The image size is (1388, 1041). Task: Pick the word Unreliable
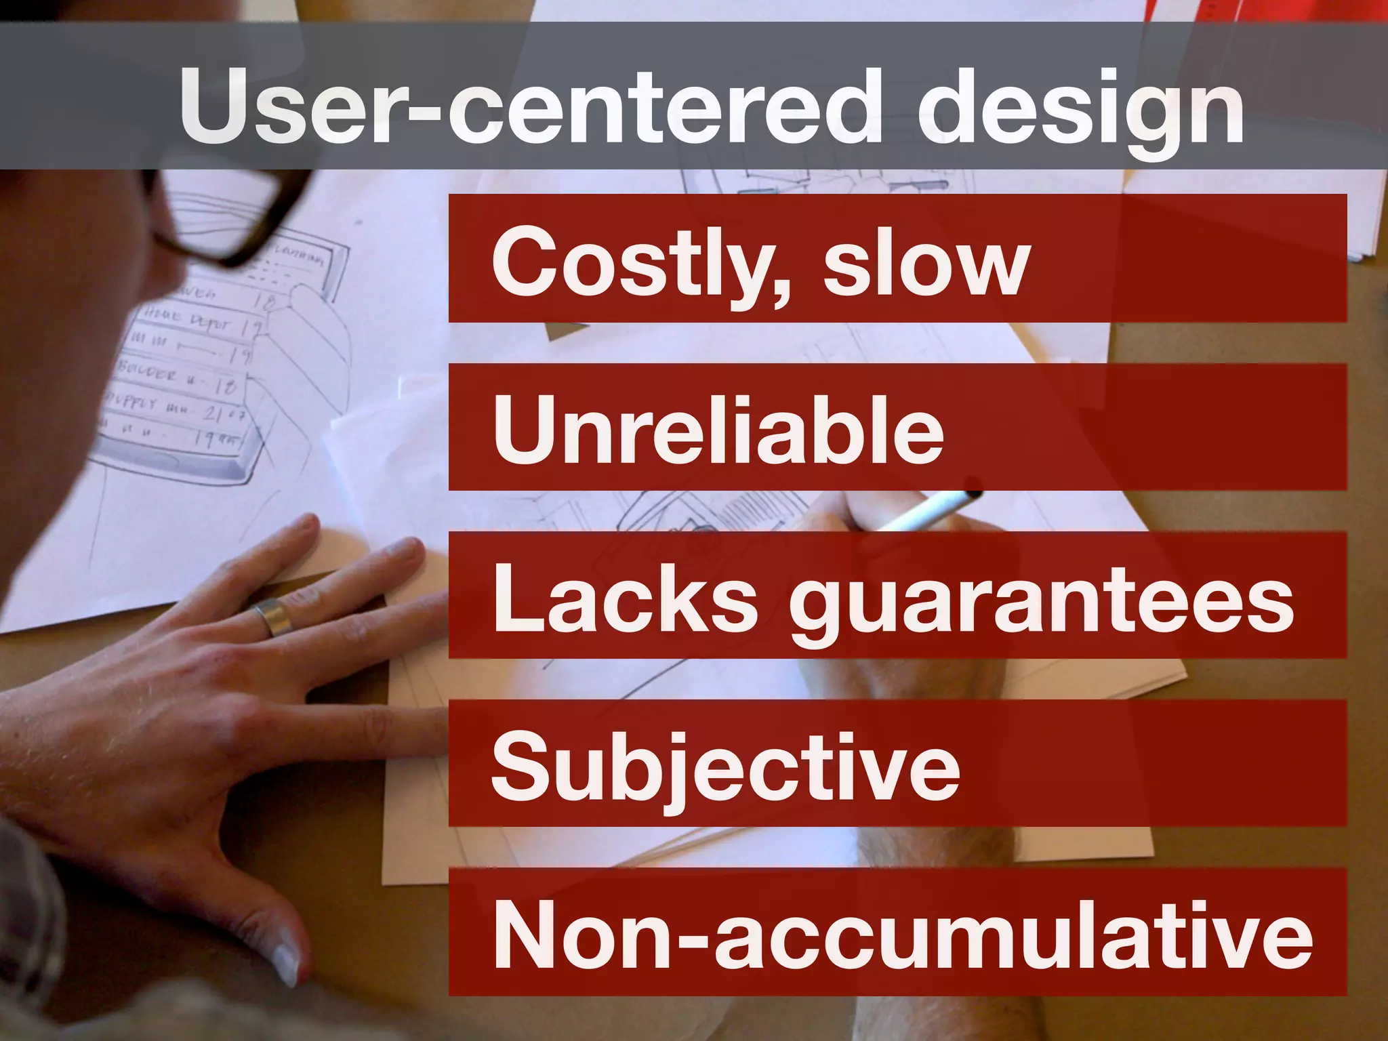click(x=718, y=430)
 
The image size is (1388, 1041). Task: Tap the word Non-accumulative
click(x=902, y=936)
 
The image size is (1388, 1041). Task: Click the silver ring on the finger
click(x=270, y=616)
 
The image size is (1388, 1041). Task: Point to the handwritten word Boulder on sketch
click(x=148, y=371)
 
